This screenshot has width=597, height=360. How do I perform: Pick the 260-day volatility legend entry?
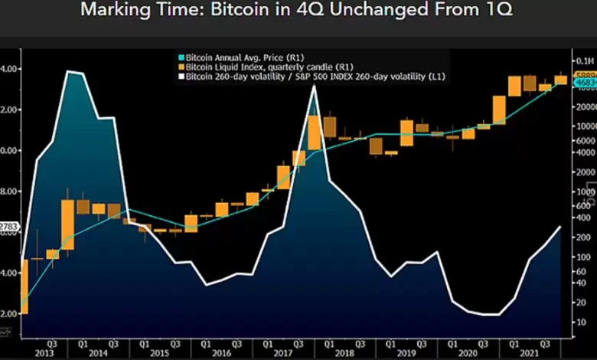315,76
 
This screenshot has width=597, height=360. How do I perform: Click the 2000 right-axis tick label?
584,172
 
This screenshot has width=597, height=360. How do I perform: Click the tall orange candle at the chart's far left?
24,286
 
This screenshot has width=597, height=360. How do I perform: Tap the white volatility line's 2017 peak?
314,87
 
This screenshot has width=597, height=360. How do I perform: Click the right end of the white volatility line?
559,227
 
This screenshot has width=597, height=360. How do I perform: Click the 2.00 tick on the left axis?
7,313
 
